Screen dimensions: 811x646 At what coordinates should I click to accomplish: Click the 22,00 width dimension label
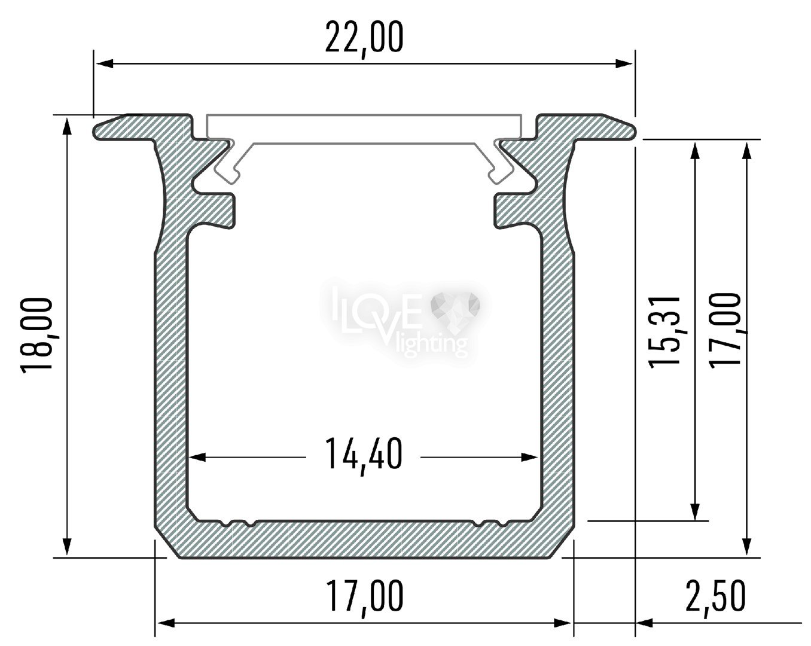pos(364,38)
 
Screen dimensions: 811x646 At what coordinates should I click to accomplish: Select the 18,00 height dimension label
pos(36,335)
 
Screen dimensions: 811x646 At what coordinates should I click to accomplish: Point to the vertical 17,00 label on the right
pos(725,331)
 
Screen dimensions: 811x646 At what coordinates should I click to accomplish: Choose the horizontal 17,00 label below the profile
pos(364,596)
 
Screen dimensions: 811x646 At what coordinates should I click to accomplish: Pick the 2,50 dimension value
pos(715,596)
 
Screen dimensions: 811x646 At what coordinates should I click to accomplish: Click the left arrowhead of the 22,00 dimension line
pos(105,63)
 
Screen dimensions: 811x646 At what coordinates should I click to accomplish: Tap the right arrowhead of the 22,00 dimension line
pos(624,63)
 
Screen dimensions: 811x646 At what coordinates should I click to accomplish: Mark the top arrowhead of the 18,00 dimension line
pos(67,126)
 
